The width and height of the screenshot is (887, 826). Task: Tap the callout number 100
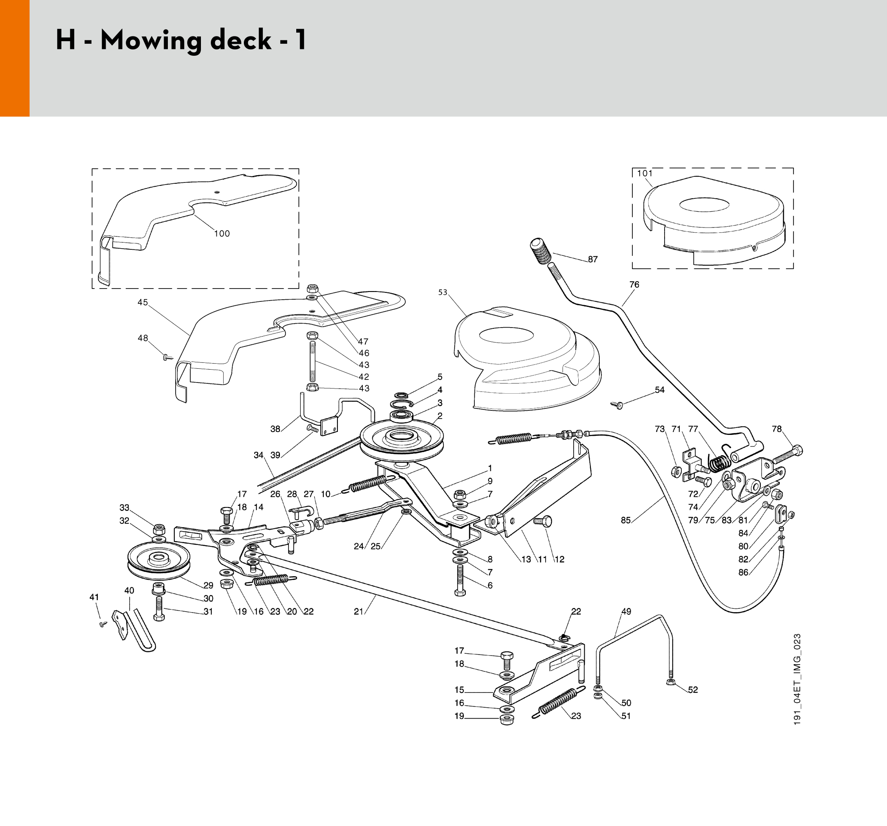[x=222, y=234]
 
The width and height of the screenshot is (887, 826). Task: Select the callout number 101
[x=645, y=173]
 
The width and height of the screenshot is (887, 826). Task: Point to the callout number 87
[x=592, y=259]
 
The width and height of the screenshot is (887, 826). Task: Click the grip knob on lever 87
[x=541, y=252]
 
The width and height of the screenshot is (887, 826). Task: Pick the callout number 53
[x=442, y=292]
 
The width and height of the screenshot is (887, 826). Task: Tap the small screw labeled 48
[x=168, y=357]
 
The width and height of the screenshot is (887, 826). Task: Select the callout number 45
[x=143, y=302]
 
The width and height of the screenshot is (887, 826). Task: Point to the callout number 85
[x=626, y=520]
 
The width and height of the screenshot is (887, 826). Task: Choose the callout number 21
[x=358, y=611]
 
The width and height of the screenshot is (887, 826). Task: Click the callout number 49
[x=626, y=611]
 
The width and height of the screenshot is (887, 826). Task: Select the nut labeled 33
[x=159, y=530]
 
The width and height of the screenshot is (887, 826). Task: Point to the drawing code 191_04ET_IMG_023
[x=798, y=679]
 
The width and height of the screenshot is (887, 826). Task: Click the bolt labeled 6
[x=460, y=580]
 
